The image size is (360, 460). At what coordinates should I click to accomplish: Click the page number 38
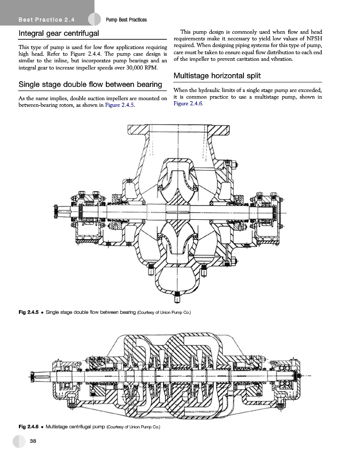(x=33, y=441)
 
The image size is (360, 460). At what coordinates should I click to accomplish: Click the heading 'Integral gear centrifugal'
(x=59, y=33)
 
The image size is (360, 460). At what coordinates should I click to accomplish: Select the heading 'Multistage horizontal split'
(x=217, y=76)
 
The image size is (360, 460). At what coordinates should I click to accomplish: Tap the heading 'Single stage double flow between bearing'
(x=91, y=84)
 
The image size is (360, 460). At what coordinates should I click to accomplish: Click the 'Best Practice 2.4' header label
(x=47, y=20)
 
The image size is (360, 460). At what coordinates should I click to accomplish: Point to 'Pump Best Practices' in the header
(x=126, y=20)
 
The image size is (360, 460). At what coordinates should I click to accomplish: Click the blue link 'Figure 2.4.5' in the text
(x=120, y=105)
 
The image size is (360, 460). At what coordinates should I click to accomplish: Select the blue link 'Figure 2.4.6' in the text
(x=188, y=104)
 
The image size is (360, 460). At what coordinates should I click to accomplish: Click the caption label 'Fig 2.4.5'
(x=29, y=312)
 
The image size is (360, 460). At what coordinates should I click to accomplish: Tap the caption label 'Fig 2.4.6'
(x=29, y=427)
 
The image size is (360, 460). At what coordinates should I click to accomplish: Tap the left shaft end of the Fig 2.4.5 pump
(x=61, y=211)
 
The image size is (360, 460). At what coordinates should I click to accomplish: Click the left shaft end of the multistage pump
(x=39, y=376)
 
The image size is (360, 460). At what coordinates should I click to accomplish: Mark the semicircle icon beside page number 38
(x=19, y=441)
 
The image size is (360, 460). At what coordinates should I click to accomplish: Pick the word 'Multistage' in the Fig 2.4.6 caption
(x=57, y=427)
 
